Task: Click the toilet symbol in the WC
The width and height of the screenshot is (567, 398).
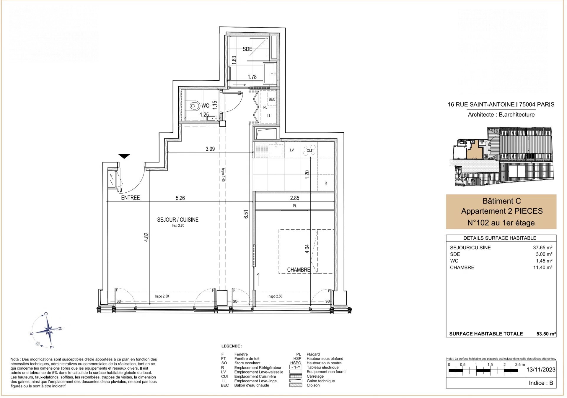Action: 194,105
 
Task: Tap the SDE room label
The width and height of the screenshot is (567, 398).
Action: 247,49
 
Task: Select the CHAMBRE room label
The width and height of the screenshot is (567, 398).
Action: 299,270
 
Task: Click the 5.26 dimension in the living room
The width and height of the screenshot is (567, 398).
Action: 180,198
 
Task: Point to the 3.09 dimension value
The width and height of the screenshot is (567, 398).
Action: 210,149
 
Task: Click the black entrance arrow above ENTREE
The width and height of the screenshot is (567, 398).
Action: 124,156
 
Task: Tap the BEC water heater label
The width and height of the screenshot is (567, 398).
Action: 272,99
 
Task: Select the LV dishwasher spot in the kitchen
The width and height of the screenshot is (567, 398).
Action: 292,150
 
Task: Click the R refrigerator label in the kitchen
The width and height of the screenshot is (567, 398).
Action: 326,183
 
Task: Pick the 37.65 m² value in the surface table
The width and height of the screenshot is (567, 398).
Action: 542,248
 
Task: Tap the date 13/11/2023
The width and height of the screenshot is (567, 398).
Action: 541,370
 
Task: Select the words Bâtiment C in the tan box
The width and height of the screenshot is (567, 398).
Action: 501,201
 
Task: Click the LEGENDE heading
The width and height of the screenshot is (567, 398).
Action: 232,346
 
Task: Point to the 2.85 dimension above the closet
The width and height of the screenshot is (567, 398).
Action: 294,198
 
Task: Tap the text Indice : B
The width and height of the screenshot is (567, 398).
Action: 541,383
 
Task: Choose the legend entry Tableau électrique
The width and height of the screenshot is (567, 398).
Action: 322,367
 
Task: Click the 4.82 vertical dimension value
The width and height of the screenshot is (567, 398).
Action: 146,237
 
